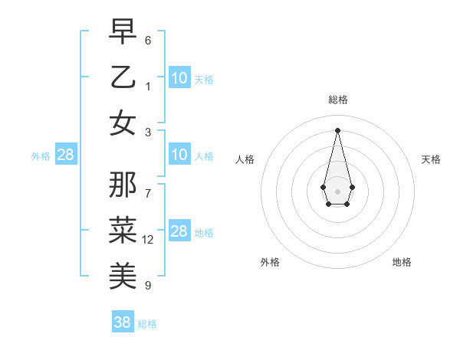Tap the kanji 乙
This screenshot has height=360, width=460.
(123, 77)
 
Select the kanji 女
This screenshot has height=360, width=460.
(123, 123)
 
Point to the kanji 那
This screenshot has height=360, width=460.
(123, 184)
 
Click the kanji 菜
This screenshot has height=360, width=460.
(123, 228)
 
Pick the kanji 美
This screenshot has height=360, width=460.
(123, 274)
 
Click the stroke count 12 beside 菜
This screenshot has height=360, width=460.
(148, 240)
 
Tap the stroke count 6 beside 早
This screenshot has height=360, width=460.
(148, 41)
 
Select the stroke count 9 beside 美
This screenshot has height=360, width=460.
(148, 286)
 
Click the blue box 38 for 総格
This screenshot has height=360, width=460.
(123, 322)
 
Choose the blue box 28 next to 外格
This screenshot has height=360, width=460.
(66, 155)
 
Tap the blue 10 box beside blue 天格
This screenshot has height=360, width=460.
(179, 78)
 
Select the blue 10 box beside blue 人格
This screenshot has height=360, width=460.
(179, 155)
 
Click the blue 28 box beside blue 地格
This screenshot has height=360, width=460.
(179, 232)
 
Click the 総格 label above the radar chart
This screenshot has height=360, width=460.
(337, 100)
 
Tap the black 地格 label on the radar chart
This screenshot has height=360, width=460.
(402, 262)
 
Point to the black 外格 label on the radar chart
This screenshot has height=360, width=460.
(270, 262)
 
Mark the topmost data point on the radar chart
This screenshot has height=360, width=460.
(337, 129)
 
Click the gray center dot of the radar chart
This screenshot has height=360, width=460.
(337, 190)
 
